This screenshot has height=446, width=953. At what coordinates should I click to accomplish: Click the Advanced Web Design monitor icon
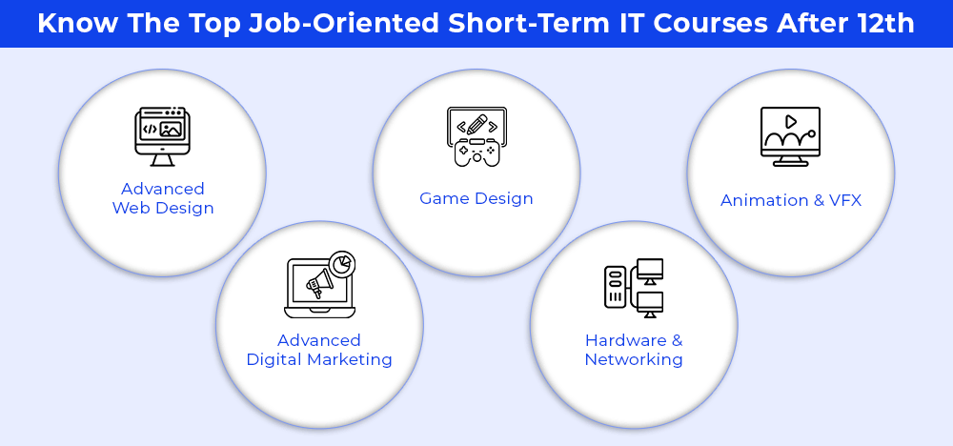162,136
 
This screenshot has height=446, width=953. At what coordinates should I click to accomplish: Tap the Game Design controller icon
476,136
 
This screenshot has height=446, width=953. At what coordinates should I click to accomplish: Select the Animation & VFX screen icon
790,136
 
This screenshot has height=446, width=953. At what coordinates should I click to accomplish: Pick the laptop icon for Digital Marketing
319,284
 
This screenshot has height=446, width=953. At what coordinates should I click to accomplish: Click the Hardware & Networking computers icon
634,288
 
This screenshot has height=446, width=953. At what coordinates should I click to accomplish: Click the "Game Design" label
476,198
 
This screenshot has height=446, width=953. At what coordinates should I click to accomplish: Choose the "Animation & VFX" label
791,200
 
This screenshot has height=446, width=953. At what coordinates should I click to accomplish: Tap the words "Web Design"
163,209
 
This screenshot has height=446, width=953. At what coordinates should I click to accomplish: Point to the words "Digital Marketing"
319,359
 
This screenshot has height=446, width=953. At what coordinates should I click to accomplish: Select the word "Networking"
634,359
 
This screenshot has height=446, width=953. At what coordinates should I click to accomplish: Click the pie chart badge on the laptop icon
342,264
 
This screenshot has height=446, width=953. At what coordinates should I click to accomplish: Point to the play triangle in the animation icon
791,122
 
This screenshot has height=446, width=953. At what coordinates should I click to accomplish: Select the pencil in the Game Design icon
477,124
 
